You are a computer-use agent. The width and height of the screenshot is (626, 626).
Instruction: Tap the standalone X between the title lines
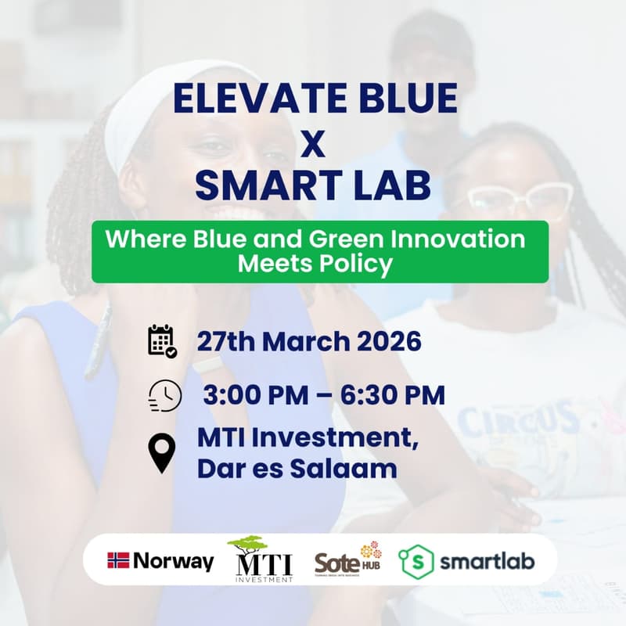pyautogui.click(x=313, y=143)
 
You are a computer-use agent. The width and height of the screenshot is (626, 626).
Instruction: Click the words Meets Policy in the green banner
pyautogui.click(x=315, y=264)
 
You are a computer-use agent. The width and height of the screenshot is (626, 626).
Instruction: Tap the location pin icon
pyautogui.click(x=162, y=454)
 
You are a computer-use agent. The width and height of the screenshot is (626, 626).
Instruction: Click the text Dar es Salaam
pyautogui.click(x=297, y=469)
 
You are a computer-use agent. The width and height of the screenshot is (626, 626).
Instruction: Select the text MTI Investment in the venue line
pyautogui.click(x=308, y=439)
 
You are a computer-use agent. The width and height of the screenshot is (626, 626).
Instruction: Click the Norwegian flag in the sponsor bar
pyautogui.click(x=118, y=560)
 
